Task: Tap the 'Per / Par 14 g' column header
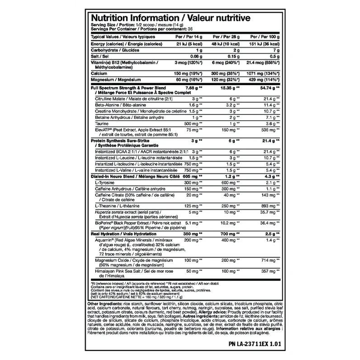192,36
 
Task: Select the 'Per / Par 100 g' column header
265,36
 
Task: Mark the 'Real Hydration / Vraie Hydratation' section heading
122,234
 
